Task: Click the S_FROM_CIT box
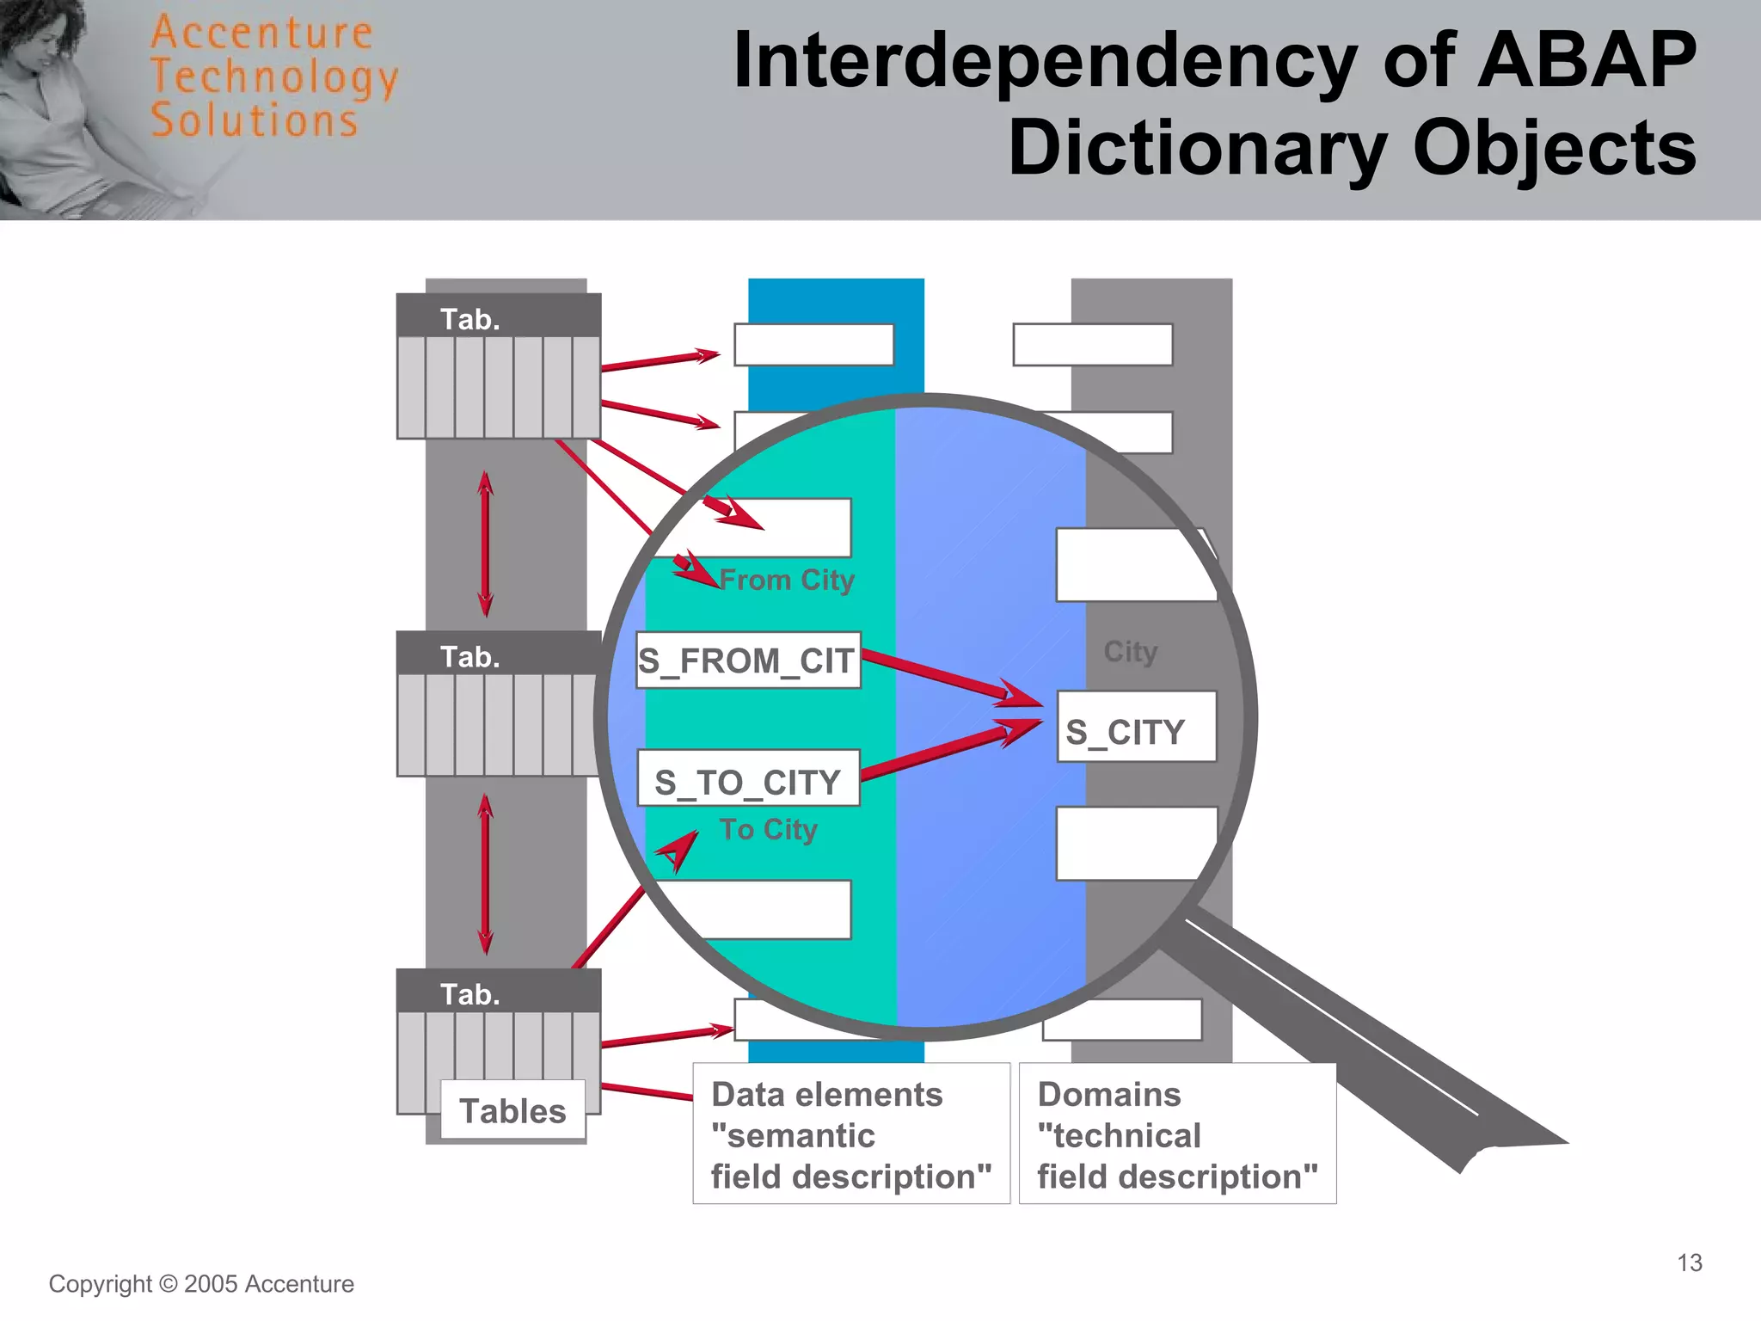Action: (x=747, y=660)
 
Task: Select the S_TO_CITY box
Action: (x=747, y=779)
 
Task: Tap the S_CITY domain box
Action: (x=1135, y=728)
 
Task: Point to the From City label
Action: (x=787, y=581)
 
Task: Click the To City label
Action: (x=769, y=829)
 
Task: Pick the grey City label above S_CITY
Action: (x=1131, y=652)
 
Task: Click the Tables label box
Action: (x=512, y=1110)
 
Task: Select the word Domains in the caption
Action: (x=1109, y=1095)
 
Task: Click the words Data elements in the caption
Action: (x=827, y=1095)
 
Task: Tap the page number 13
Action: (x=1689, y=1263)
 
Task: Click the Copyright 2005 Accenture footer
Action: (x=201, y=1284)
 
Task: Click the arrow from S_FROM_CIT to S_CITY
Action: (x=946, y=675)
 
